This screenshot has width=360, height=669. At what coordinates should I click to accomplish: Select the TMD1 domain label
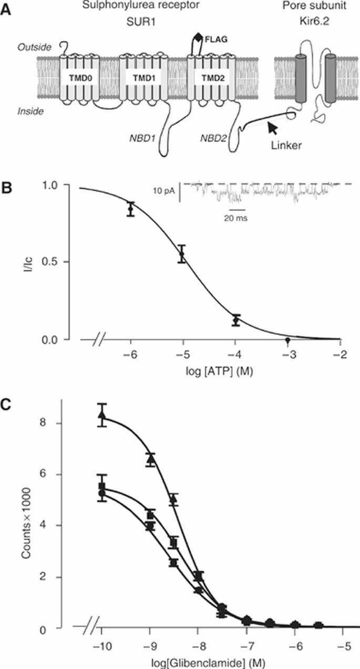click(140, 77)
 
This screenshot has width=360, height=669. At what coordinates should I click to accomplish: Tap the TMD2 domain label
click(205, 77)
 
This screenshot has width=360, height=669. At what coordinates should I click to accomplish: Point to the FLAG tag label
click(218, 38)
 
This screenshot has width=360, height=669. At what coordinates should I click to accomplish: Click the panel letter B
click(7, 187)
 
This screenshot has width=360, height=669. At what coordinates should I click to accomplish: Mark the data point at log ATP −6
click(131, 209)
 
